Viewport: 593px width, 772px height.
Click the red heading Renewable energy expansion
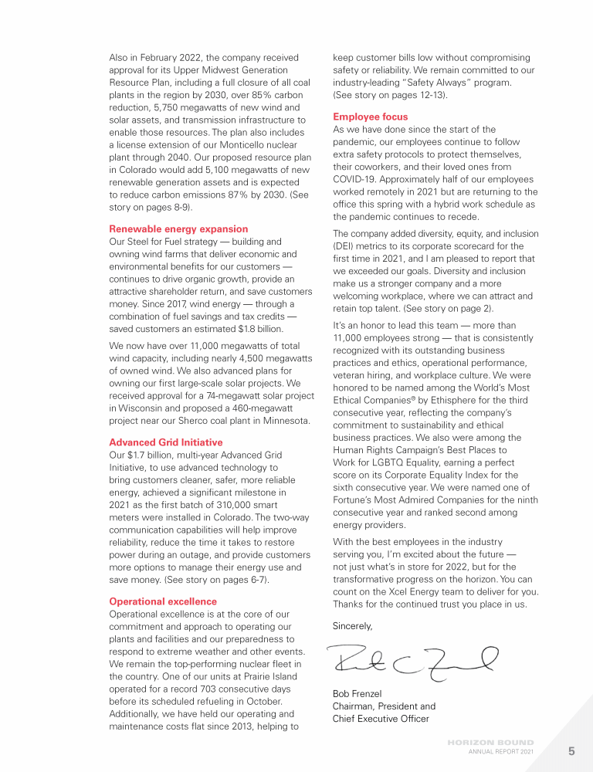click(x=178, y=229)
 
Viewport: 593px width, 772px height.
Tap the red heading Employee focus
click(x=370, y=117)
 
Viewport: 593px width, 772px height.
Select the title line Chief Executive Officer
click(x=381, y=719)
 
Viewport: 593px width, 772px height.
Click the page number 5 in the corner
click(x=571, y=750)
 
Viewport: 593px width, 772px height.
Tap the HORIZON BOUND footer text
click(x=490, y=743)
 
